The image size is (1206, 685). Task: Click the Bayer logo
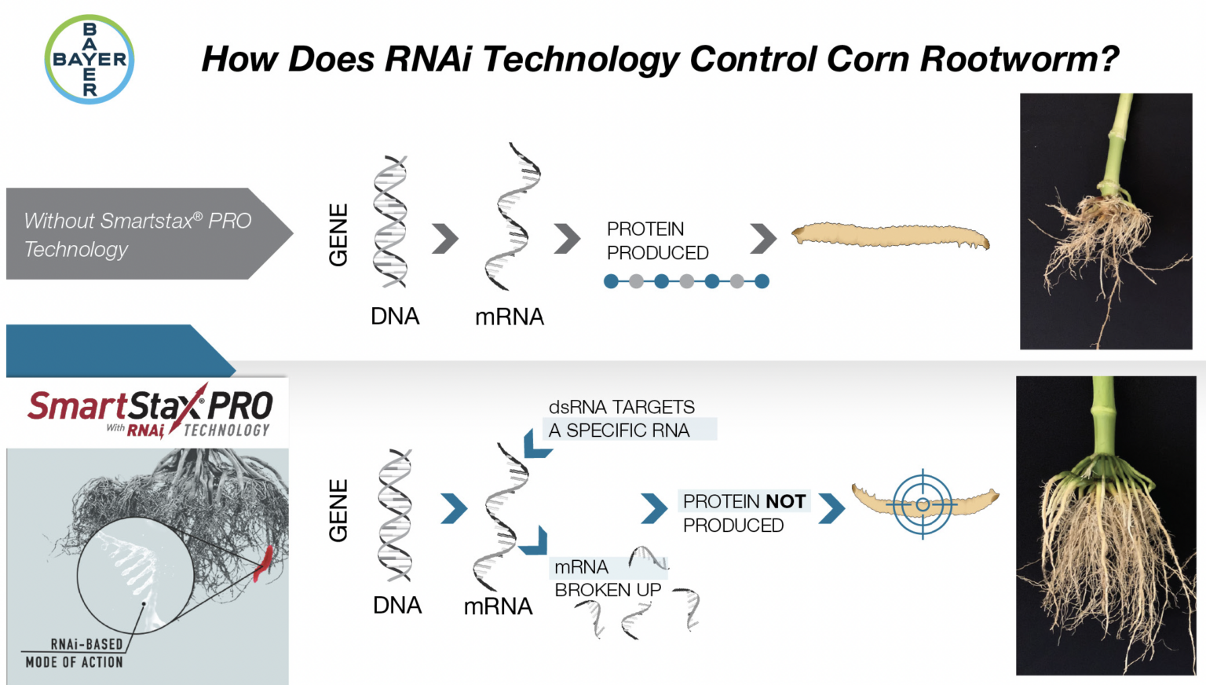[90, 60]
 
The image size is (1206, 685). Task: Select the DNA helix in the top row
[390, 222]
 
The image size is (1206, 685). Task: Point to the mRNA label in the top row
[509, 317]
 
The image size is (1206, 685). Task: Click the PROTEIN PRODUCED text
[657, 241]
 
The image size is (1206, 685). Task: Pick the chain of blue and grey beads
[686, 281]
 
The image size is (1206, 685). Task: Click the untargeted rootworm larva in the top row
[890, 235]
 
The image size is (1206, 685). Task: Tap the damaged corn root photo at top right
[1105, 221]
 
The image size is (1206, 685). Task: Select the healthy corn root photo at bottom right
[1105, 525]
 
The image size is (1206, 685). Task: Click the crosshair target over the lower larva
[923, 504]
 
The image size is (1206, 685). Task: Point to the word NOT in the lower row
[785, 502]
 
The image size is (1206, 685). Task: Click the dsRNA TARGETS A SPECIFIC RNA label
[622, 419]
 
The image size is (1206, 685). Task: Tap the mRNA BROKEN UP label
[607, 578]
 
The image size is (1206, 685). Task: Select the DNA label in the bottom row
[397, 606]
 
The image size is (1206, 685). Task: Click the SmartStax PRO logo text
[149, 408]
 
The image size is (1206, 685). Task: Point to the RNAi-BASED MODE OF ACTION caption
[75, 653]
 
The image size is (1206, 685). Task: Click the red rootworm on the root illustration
[263, 563]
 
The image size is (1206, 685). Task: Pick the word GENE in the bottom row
[338, 511]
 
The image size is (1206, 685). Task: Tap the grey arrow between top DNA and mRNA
[445, 239]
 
